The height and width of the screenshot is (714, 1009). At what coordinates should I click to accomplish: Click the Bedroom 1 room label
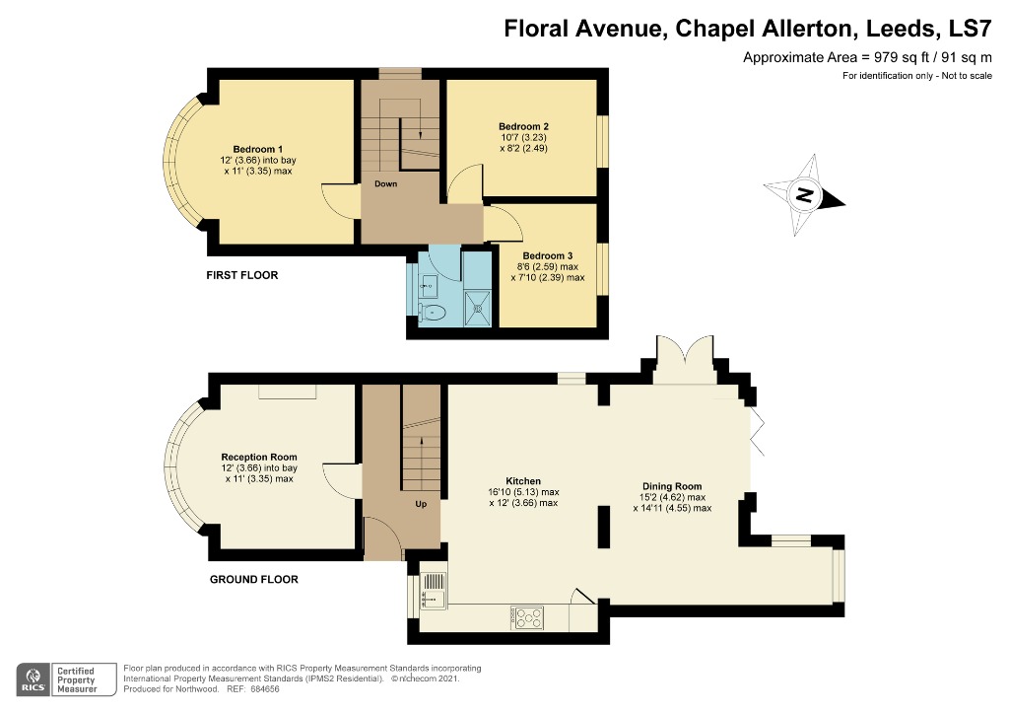coord(257,149)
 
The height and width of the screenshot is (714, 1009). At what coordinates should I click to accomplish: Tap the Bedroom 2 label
coord(524,126)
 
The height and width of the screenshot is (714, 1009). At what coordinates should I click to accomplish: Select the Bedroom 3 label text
coord(548,255)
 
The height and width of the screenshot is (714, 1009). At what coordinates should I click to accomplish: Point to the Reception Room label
coord(259,458)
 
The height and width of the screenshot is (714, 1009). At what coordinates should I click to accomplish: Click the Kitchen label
coord(523,481)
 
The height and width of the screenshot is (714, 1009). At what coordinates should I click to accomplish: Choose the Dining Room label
coord(672,486)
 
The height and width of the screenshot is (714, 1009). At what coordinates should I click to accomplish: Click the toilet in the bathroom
coord(432,314)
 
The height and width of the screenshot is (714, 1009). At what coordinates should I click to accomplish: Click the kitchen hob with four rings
coord(527,618)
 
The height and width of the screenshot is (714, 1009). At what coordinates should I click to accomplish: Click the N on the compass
coord(804,194)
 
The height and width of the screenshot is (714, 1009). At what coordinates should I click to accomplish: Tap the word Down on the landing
coord(385,184)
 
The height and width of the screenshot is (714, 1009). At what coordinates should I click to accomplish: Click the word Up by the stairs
coord(421,504)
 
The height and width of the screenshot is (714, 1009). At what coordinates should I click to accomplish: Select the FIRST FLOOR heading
coord(242,275)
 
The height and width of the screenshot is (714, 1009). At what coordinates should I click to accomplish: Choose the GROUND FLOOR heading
coord(254,580)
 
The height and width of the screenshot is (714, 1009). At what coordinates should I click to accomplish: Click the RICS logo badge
coord(34,679)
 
